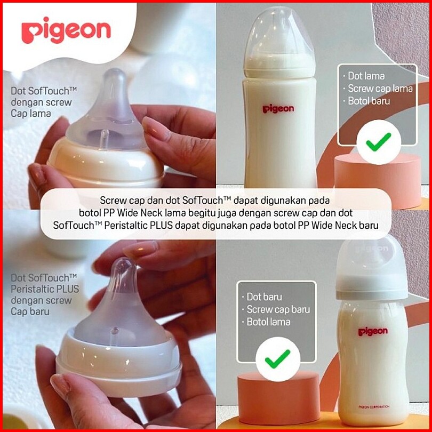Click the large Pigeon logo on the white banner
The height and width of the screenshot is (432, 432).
[66, 30]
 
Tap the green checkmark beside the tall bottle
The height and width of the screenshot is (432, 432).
[378, 142]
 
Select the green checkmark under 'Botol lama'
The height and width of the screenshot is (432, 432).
[277, 359]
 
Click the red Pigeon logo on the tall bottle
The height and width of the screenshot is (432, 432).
[278, 109]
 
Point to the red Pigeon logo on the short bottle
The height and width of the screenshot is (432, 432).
[373, 332]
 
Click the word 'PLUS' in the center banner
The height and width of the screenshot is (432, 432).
[162, 226]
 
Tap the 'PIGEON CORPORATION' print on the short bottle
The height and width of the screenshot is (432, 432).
[374, 406]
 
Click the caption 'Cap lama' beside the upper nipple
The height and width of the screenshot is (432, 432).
[31, 114]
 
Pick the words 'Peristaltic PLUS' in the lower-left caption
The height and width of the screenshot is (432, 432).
[45, 289]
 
